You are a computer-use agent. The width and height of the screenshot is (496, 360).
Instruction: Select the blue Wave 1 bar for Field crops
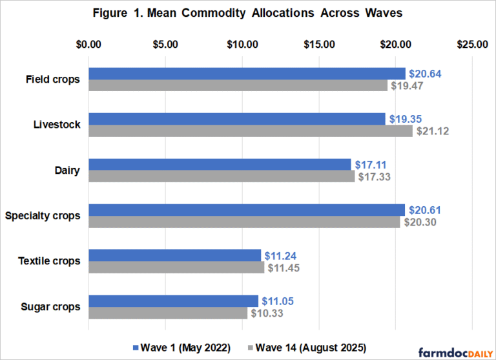(x=247, y=74)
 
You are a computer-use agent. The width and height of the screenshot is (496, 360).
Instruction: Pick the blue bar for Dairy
(x=220, y=164)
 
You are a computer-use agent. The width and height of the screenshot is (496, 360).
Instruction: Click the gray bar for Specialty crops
(x=244, y=222)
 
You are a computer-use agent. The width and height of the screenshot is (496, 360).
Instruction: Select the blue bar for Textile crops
(x=174, y=255)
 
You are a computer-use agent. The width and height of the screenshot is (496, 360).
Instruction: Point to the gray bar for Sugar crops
(x=167, y=313)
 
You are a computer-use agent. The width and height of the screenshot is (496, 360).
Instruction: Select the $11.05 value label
(x=277, y=301)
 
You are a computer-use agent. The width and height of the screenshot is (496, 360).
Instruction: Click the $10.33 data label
(x=266, y=313)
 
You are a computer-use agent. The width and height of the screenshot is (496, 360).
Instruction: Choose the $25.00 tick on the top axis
(x=472, y=45)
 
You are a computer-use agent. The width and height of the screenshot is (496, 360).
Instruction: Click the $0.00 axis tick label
(x=88, y=45)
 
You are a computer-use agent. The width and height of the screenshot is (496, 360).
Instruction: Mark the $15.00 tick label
(x=319, y=45)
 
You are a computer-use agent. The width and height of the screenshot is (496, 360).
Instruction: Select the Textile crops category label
(x=50, y=261)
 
